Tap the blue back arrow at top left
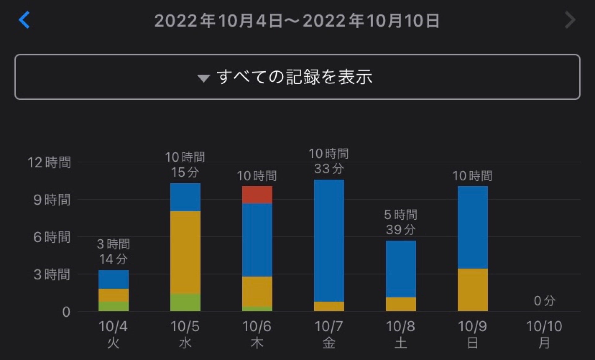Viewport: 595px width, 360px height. click(x=24, y=20)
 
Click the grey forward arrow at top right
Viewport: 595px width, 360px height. click(x=570, y=20)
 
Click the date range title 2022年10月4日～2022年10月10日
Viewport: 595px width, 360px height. click(x=297, y=21)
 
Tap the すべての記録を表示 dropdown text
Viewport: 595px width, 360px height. click(x=294, y=77)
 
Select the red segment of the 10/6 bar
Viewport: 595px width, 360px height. click(x=257, y=195)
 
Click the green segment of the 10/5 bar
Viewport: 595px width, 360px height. click(x=185, y=302)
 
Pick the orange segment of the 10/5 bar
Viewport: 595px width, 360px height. click(x=185, y=252)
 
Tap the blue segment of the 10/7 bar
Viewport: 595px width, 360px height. click(x=329, y=240)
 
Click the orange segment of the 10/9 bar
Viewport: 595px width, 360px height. click(x=473, y=290)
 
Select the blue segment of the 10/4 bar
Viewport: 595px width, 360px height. click(x=113, y=279)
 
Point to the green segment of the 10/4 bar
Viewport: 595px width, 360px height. click(x=113, y=306)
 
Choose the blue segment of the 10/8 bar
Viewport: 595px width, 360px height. click(x=401, y=269)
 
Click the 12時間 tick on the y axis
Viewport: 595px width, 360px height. click(x=49, y=162)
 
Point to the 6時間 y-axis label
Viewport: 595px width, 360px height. click(x=52, y=237)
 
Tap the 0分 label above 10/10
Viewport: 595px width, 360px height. click(x=544, y=301)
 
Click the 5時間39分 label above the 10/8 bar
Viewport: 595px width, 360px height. click(x=401, y=222)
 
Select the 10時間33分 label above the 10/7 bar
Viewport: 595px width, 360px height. click(x=329, y=161)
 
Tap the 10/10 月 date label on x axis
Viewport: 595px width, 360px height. click(x=544, y=334)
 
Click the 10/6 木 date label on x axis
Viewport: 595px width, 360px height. click(x=257, y=334)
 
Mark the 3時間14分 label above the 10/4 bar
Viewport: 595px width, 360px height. click(x=113, y=251)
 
